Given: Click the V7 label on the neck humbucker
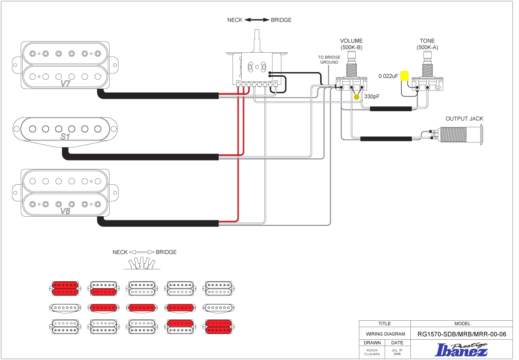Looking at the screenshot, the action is pyautogui.click(x=66, y=83).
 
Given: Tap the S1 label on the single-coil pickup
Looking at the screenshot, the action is pyautogui.click(x=66, y=136).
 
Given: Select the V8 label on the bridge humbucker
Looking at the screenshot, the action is pyautogui.click(x=65, y=210).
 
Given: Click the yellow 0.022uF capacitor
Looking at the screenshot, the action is pyautogui.click(x=404, y=76).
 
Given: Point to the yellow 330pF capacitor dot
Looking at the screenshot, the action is pyautogui.click(x=357, y=97).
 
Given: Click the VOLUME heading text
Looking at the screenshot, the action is pyautogui.click(x=351, y=41).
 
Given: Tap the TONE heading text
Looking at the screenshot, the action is pyautogui.click(x=427, y=41).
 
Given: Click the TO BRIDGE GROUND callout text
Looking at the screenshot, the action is pyautogui.click(x=329, y=59).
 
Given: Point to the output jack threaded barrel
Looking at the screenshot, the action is pyautogui.click(x=459, y=135).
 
